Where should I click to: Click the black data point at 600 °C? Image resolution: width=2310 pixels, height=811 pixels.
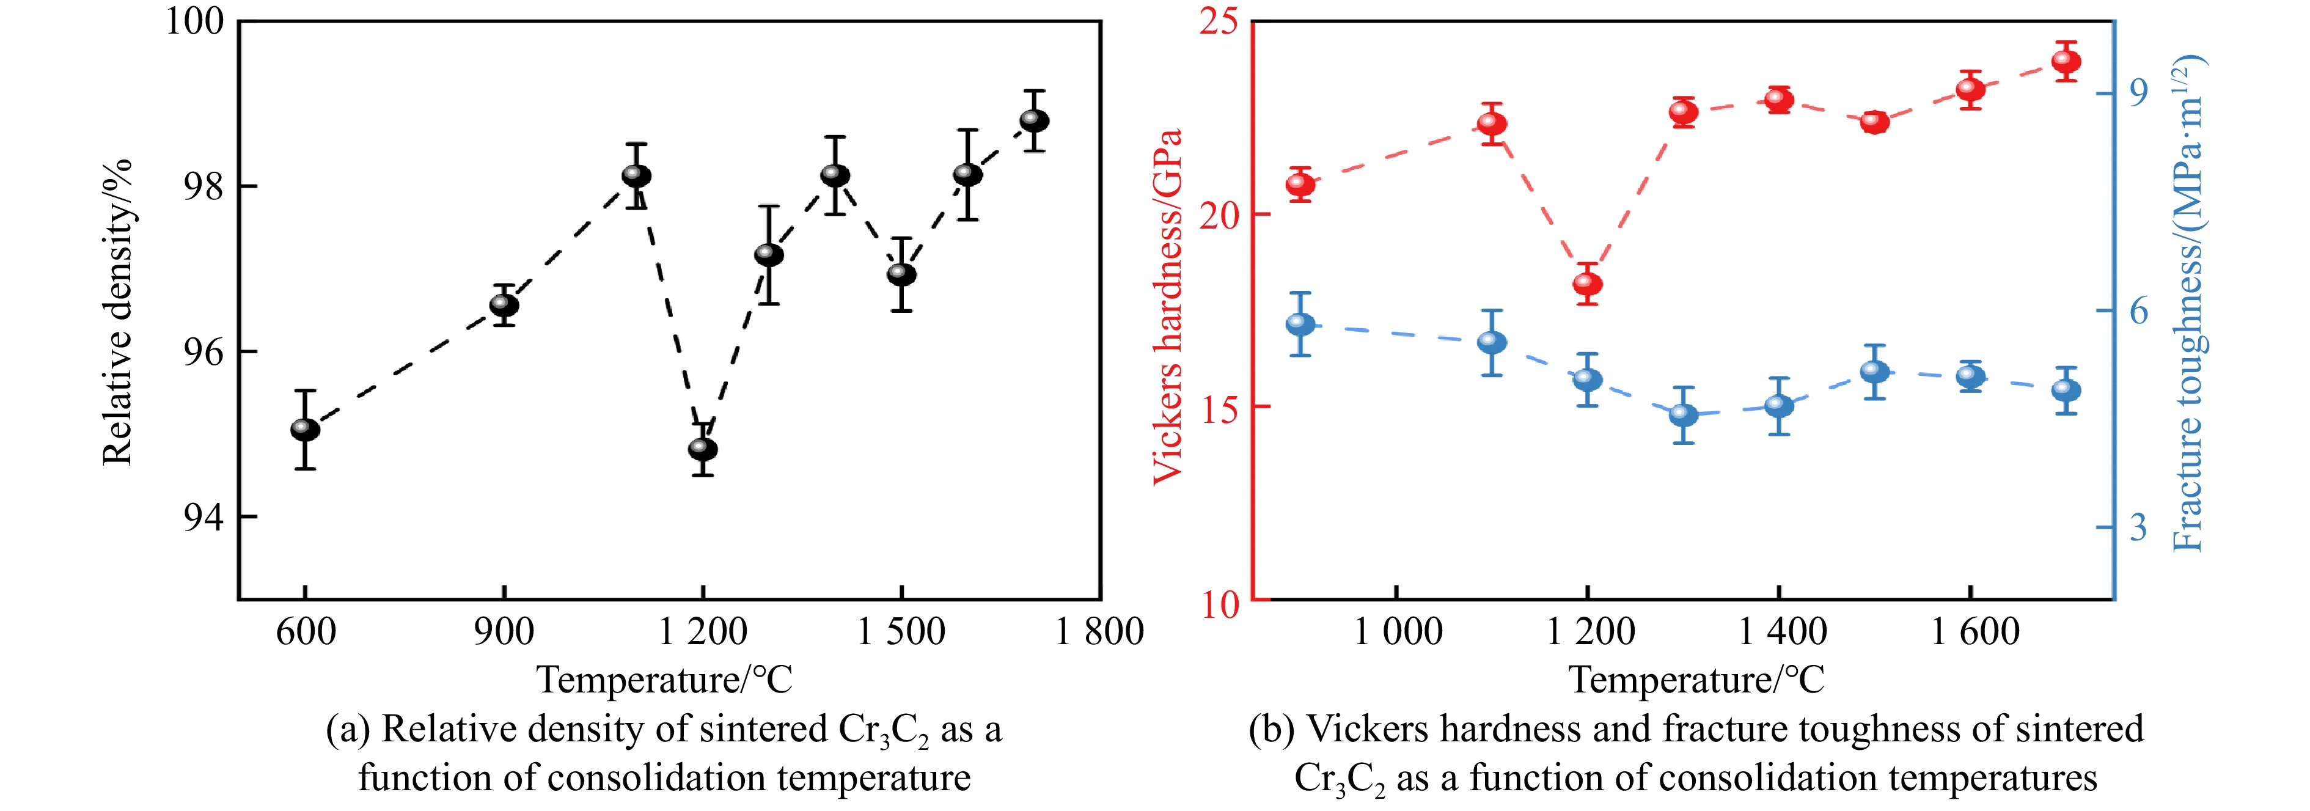[x=305, y=430]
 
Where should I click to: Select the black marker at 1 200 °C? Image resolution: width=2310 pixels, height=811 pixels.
[x=702, y=449]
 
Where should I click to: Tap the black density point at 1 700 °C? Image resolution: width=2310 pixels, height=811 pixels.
[x=1034, y=120]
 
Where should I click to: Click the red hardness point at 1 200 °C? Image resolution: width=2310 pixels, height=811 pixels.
[x=1587, y=284]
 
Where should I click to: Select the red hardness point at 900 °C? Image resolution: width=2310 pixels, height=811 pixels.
[x=1300, y=185]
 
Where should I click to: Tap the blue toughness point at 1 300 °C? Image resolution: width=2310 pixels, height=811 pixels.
[x=1683, y=414]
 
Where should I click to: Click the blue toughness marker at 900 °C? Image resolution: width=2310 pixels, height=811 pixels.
[x=1300, y=325]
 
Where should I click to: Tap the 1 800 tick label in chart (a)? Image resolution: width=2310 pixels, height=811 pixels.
[x=1099, y=631]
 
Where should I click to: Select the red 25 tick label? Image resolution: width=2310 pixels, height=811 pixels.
[x=1218, y=21]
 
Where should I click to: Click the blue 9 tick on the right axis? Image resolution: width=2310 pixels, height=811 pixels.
[x=2138, y=90]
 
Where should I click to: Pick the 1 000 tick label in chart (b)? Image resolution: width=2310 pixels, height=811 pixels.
[x=1397, y=631]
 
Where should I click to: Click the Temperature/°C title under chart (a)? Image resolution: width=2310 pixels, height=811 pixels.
[x=664, y=680]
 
